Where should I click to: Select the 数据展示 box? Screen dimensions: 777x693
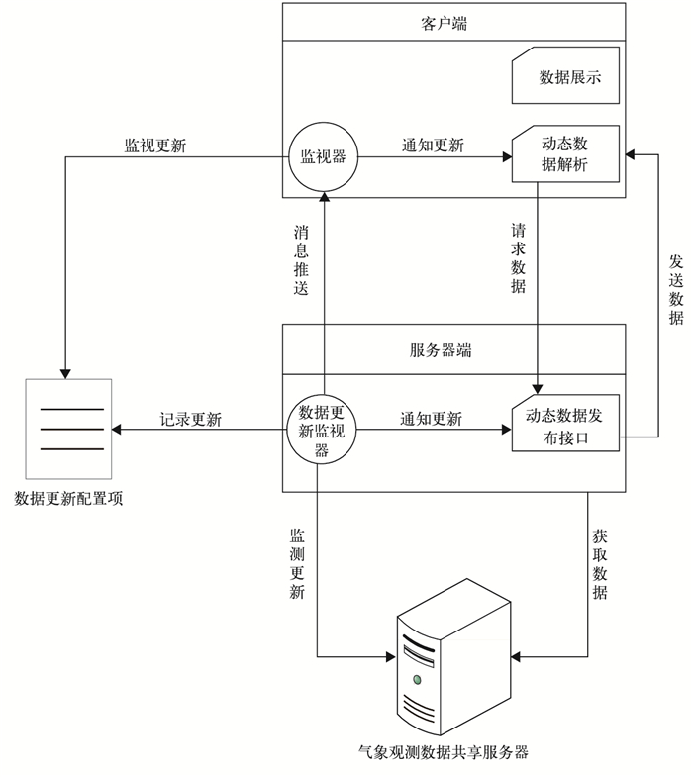[x=566, y=77]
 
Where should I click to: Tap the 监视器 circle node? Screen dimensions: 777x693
[x=323, y=156]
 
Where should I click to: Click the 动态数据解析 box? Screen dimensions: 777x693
[x=566, y=153]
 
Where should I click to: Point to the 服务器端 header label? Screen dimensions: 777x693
[x=440, y=349]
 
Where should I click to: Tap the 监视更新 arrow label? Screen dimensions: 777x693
[x=154, y=145]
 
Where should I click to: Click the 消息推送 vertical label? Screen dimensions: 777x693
[x=301, y=259]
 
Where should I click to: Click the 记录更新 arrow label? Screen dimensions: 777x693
[x=191, y=419]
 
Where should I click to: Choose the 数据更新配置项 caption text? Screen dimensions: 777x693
[x=68, y=498]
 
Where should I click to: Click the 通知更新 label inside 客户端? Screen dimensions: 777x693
[x=433, y=145]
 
